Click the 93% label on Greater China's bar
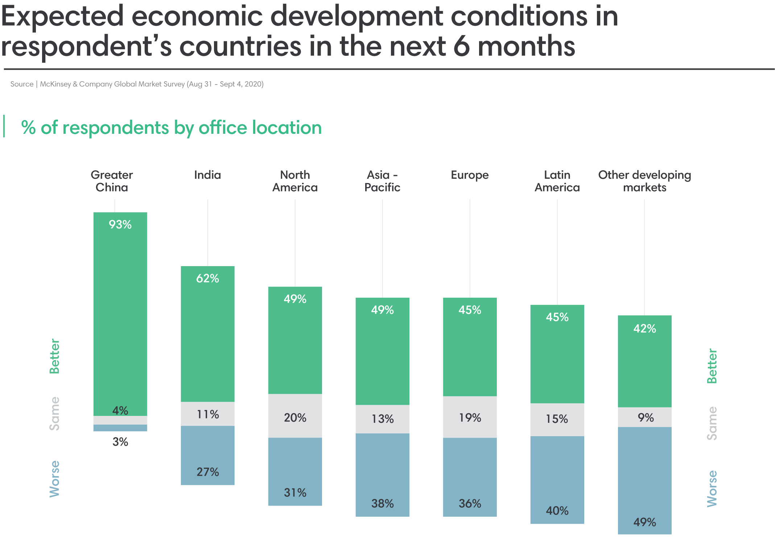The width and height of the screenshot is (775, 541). (x=120, y=224)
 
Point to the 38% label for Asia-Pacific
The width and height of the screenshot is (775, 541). (x=382, y=503)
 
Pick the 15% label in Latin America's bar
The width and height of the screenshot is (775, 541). (x=557, y=419)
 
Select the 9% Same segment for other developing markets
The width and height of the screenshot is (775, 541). (x=645, y=417)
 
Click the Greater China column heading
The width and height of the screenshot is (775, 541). (x=112, y=181)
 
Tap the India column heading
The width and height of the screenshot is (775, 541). (x=207, y=175)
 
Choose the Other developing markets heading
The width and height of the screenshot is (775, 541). (x=644, y=181)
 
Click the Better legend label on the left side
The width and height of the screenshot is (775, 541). (x=54, y=356)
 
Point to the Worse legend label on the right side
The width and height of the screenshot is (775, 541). (x=712, y=488)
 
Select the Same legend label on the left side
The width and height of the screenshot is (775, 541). (x=54, y=413)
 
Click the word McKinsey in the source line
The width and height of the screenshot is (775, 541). (x=55, y=84)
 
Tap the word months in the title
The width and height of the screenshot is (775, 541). (x=526, y=46)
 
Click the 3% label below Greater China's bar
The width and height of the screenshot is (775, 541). (x=120, y=442)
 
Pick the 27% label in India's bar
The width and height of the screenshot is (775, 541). (x=207, y=472)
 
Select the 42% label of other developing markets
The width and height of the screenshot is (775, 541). (x=644, y=329)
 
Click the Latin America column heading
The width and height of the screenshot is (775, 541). (x=557, y=181)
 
